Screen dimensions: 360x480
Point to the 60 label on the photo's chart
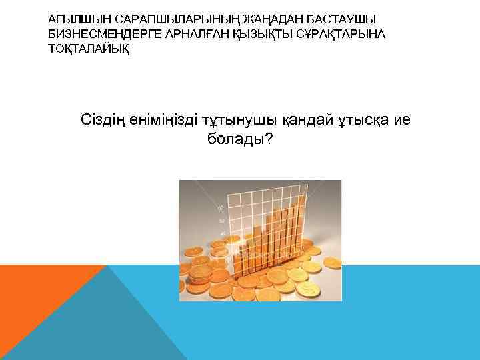pos(221,208)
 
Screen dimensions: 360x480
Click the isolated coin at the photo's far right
pos(331,262)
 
